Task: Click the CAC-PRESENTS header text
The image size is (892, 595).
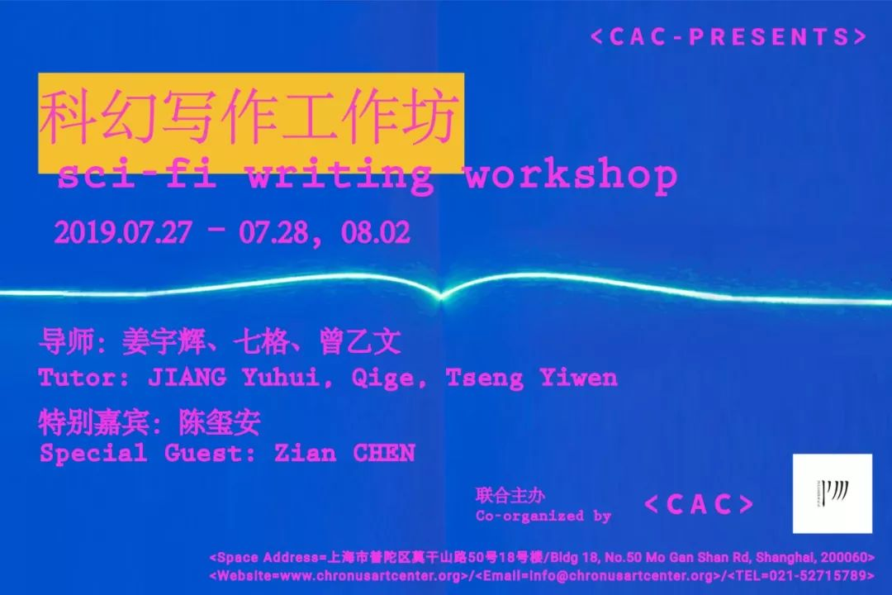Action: [x=728, y=37]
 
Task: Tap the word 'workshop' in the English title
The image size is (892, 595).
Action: [x=572, y=176]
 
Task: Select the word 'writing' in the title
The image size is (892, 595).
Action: [x=339, y=176]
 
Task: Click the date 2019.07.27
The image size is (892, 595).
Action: [x=123, y=232]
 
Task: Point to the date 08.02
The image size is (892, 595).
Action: [x=376, y=232]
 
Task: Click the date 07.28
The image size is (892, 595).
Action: [x=273, y=232]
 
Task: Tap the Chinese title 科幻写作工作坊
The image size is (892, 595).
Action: [x=249, y=119]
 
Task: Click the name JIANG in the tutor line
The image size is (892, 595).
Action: [x=187, y=377]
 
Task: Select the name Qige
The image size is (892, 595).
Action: [x=382, y=378]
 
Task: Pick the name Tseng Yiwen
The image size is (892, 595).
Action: [x=531, y=378]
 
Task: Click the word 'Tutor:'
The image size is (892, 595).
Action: [x=84, y=378]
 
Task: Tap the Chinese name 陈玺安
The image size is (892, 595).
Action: [x=220, y=422]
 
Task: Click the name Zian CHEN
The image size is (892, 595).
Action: [x=344, y=453]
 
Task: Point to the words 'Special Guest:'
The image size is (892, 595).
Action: [x=147, y=453]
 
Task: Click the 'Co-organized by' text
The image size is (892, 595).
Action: [x=543, y=516]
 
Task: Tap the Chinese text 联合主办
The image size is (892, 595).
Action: [x=510, y=495]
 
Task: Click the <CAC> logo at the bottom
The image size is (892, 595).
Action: [x=700, y=504]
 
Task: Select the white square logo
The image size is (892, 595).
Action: [x=833, y=493]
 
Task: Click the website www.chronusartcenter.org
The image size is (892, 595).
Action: [x=370, y=576]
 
